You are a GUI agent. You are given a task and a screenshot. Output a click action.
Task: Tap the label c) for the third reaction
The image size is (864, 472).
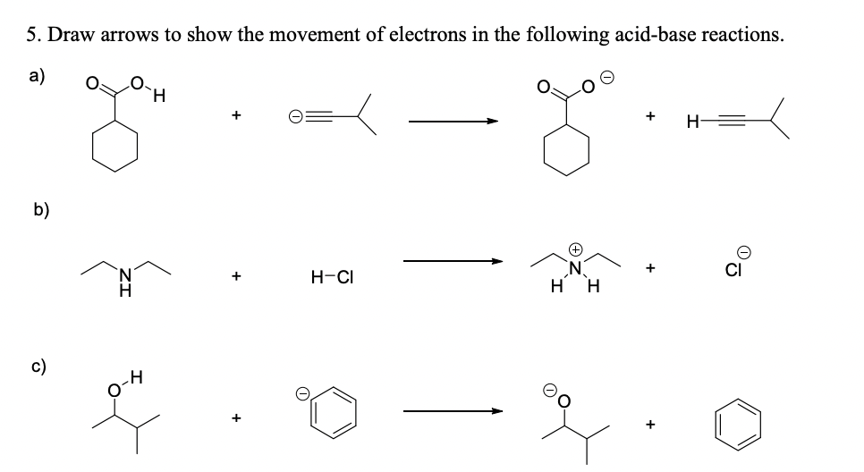click(x=39, y=367)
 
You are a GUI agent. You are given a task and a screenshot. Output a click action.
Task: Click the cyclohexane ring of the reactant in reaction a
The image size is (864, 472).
click(x=115, y=147)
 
